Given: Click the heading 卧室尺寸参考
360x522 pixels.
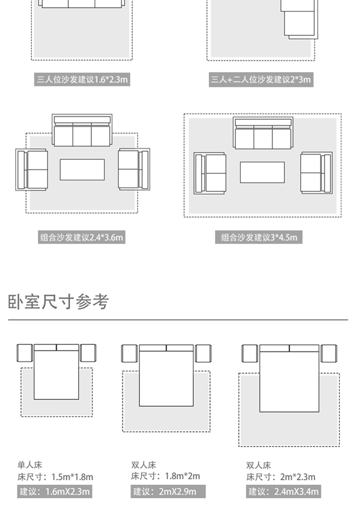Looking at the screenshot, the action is click(x=58, y=302).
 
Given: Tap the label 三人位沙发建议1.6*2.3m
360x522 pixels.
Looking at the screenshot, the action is click(x=82, y=79).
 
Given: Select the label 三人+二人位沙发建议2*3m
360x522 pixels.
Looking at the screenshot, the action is click(x=261, y=79).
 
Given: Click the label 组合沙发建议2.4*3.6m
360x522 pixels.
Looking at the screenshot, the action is click(x=81, y=237).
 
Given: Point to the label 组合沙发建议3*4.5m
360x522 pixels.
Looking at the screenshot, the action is click(x=259, y=237).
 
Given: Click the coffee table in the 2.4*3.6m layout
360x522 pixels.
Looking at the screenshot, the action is click(x=82, y=170).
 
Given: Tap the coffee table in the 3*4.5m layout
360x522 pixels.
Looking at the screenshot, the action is click(x=262, y=172).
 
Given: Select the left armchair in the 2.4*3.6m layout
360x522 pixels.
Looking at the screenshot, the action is click(x=32, y=170).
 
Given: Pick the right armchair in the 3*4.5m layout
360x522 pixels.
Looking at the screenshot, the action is click(x=316, y=173).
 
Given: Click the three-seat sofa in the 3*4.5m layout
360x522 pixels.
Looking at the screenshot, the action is click(x=263, y=133).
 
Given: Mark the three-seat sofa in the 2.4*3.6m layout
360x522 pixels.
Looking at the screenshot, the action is click(x=82, y=130).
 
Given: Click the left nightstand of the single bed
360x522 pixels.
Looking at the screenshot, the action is click(x=25, y=353).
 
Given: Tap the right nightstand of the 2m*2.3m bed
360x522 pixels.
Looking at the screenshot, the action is click(x=329, y=354).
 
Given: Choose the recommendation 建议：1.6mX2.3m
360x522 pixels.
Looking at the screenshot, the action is click(x=54, y=492).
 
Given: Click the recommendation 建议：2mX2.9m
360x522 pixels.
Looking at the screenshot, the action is click(x=168, y=492).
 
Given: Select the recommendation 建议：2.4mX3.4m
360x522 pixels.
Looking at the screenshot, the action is click(x=283, y=492).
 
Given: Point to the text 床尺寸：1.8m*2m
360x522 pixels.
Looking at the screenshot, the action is click(x=165, y=476).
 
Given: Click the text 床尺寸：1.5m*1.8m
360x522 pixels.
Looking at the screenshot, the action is click(x=55, y=477).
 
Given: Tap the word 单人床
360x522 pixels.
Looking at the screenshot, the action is click(x=30, y=465).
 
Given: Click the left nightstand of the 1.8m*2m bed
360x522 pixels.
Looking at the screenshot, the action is click(x=129, y=354).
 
